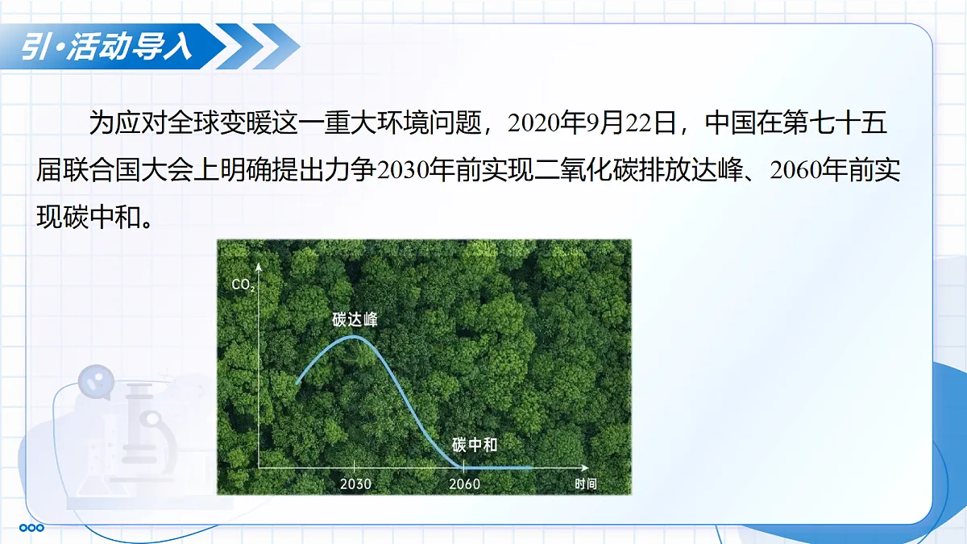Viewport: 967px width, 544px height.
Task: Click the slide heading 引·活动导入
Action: [106, 48]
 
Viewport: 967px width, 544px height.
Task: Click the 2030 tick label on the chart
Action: [355, 484]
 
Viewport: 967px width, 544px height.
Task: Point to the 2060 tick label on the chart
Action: [464, 484]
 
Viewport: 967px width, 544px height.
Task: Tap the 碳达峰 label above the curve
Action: [355, 320]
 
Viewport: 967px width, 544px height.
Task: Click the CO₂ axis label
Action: [243, 284]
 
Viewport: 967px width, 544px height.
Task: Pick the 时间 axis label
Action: [586, 484]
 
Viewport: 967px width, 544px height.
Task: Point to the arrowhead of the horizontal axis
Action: [585, 467]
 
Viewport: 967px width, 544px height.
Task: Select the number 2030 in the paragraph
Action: [404, 171]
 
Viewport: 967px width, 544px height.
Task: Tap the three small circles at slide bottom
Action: [31, 528]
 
